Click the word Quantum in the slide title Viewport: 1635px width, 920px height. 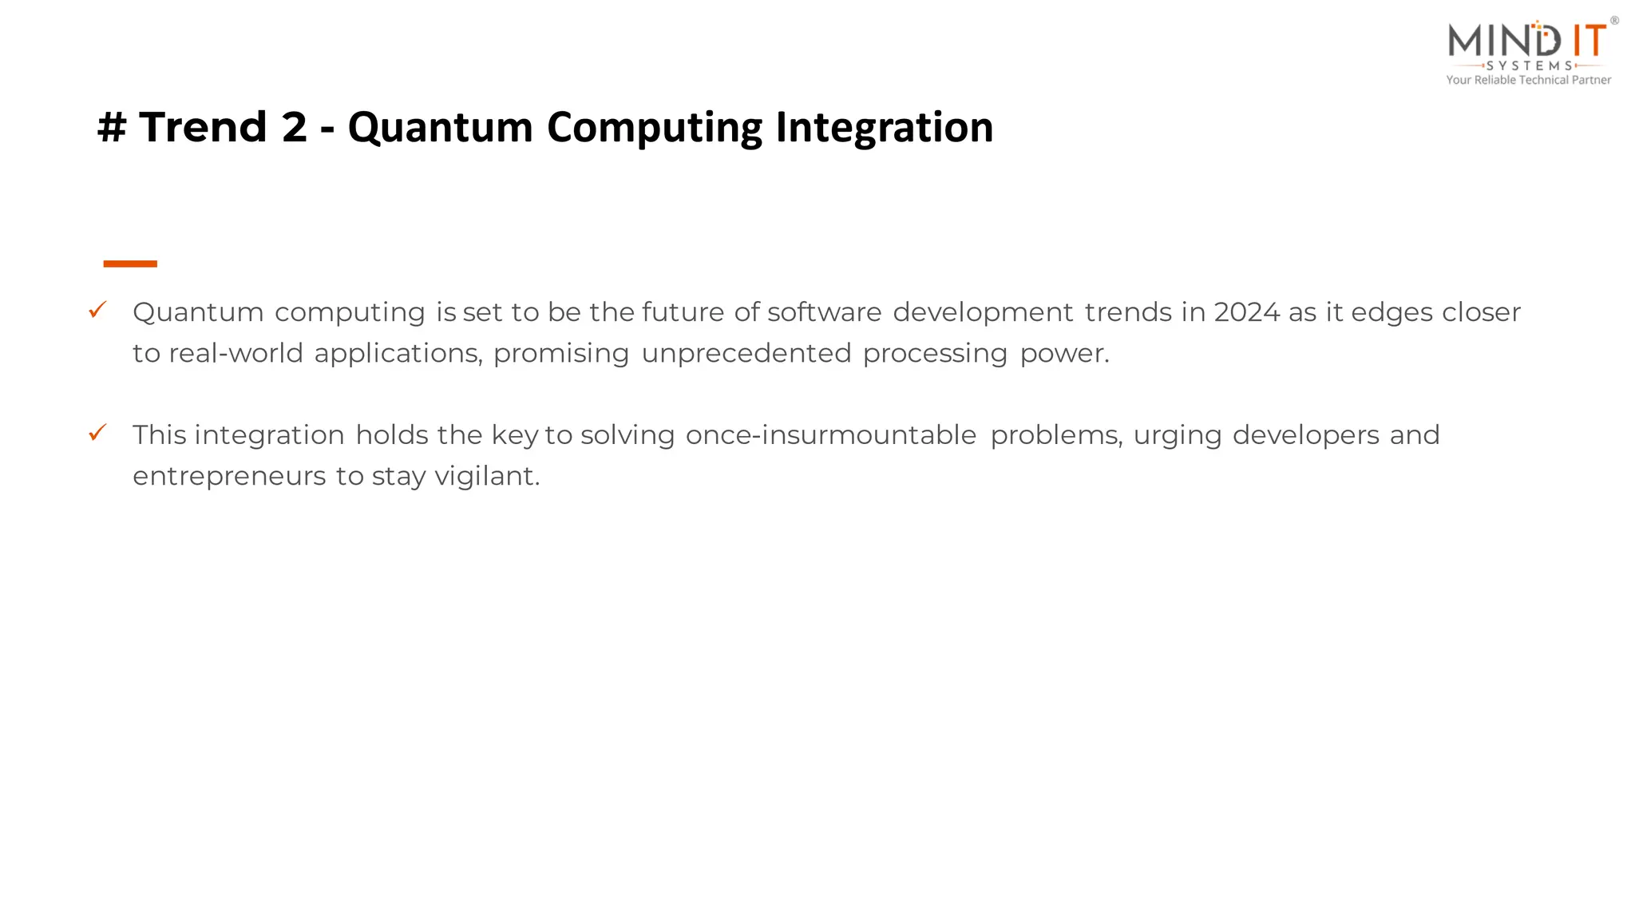tap(440, 128)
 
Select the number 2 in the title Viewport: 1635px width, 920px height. tap(294, 128)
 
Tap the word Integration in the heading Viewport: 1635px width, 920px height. tap(884, 128)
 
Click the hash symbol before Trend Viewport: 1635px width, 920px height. tap(112, 128)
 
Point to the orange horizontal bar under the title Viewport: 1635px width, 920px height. tap(130, 264)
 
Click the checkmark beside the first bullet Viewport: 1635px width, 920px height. tap(97, 310)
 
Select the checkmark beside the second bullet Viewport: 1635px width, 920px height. tap(97, 433)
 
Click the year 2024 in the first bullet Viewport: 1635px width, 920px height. tap(1247, 312)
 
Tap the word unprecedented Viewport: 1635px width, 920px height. tap(746, 353)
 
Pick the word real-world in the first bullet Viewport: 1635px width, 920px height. tap(236, 353)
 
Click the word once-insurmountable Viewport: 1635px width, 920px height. tap(830, 435)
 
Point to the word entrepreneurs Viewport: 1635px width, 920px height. tap(229, 477)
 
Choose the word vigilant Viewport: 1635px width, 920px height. tap(486, 477)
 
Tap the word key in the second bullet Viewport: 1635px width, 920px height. tap(514, 436)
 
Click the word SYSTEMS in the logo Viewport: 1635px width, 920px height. tap(1529, 65)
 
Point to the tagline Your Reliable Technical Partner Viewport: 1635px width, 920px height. tap(1528, 80)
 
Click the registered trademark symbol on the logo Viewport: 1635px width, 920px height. tap(1614, 21)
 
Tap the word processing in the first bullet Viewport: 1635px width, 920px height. tap(934, 354)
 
